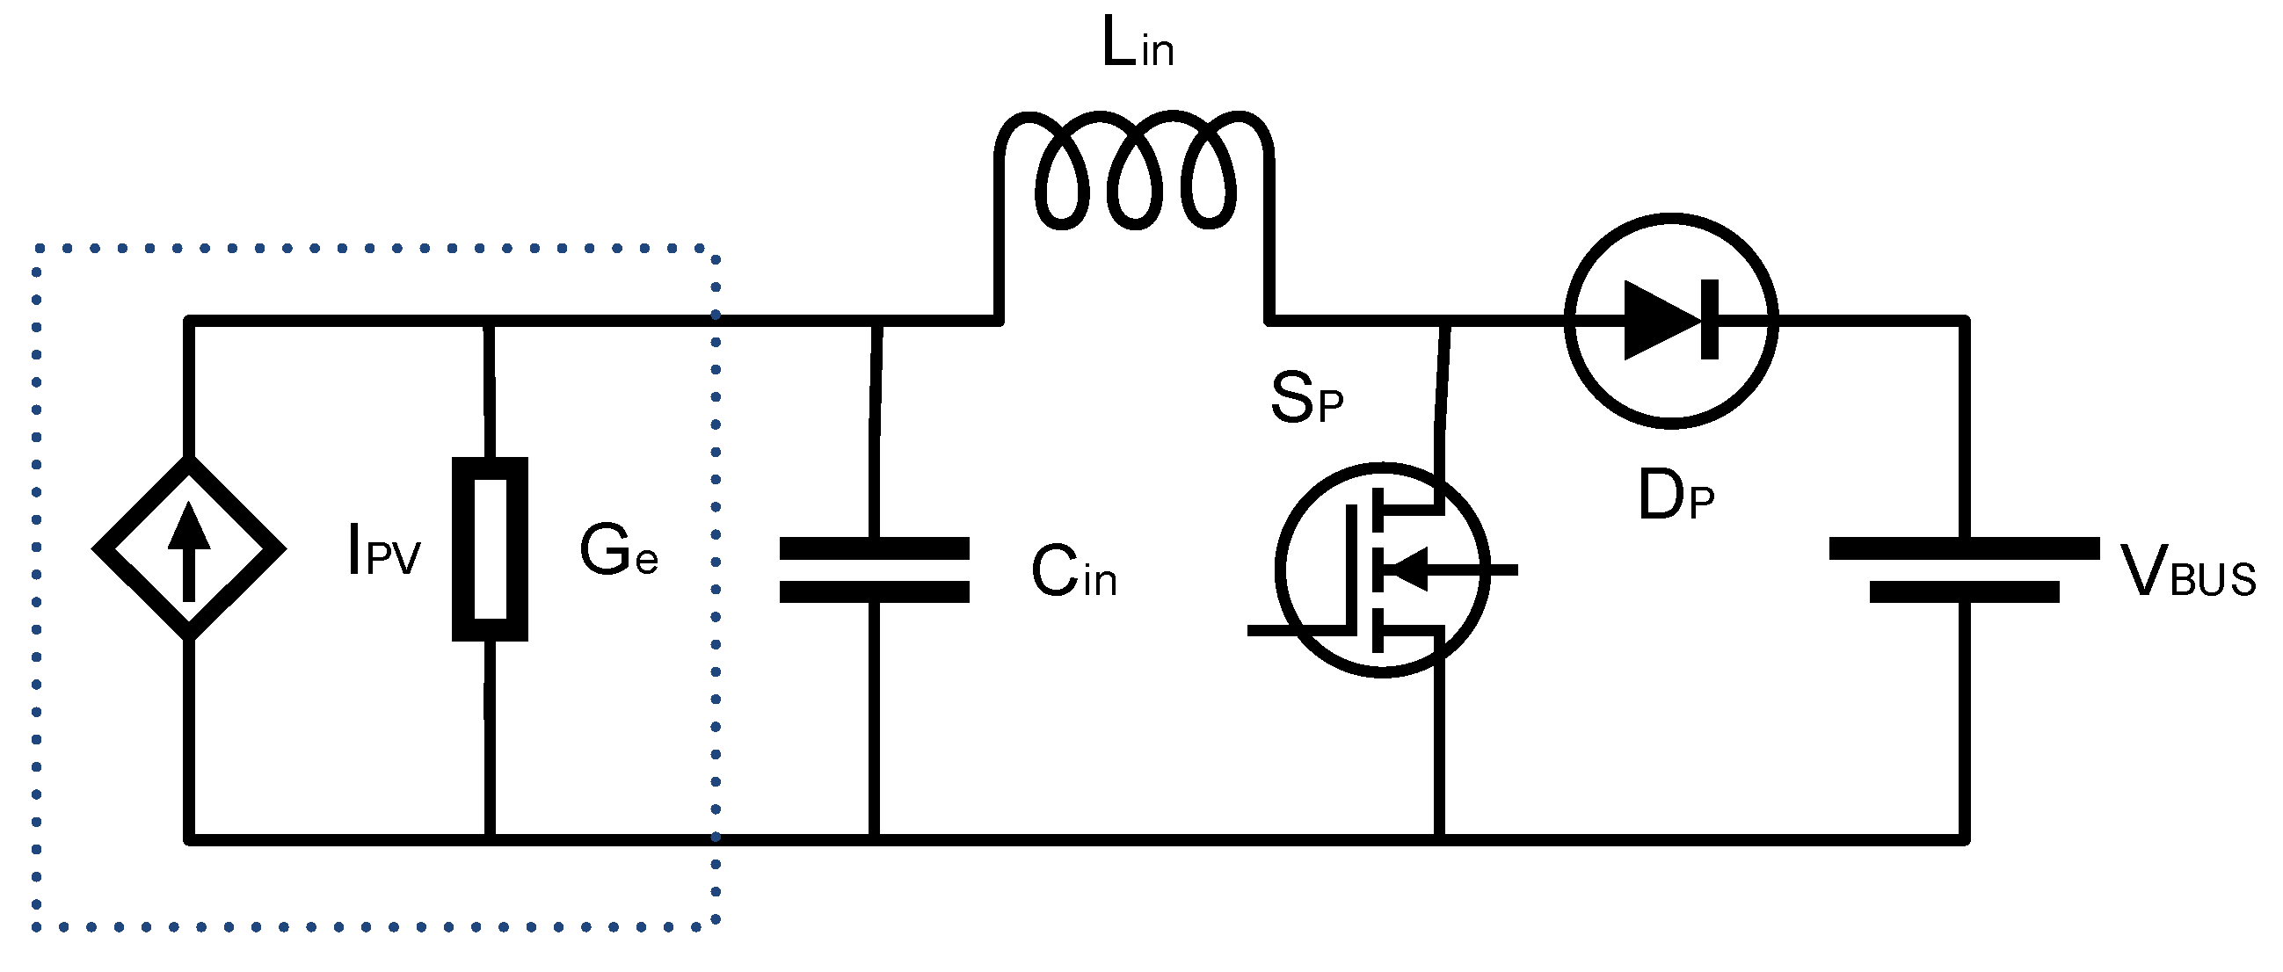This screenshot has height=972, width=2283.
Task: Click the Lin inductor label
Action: click(x=1137, y=44)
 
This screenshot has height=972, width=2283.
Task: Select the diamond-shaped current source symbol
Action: click(x=189, y=548)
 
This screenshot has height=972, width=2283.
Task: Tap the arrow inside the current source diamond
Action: click(x=189, y=549)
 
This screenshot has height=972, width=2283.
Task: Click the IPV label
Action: click(x=384, y=552)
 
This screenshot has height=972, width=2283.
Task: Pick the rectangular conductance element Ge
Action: click(x=491, y=548)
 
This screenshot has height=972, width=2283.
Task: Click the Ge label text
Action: click(x=618, y=550)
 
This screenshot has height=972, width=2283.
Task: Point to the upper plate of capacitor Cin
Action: click(x=874, y=548)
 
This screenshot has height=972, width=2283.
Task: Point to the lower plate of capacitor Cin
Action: click(x=874, y=591)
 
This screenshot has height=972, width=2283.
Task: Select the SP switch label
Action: click(x=1305, y=399)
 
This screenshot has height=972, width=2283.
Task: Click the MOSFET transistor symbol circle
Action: click(x=1383, y=569)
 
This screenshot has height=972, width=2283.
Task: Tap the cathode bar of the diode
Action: click(x=1710, y=320)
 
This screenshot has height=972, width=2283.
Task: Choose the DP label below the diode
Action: click(x=1675, y=497)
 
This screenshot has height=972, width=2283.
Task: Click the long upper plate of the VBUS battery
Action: click(x=1964, y=548)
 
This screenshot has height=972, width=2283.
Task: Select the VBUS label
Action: click(x=2186, y=573)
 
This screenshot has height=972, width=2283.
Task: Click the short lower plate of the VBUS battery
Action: click(x=1964, y=591)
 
